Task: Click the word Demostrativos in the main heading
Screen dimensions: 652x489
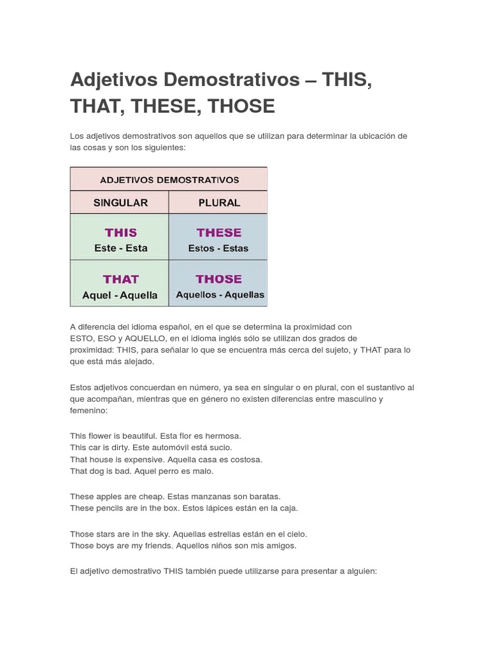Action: pos(231,80)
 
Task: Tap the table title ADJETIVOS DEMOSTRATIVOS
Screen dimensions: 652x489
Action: pos(169,180)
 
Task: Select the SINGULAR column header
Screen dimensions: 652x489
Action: pos(120,203)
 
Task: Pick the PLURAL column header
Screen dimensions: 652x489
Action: pos(218,203)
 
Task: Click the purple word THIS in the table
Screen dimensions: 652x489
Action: pos(120,233)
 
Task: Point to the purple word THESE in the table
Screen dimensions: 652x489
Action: pos(218,233)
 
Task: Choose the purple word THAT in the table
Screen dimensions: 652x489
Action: pos(120,280)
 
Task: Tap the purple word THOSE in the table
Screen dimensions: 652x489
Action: pos(218,280)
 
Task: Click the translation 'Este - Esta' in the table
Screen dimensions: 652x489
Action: pos(120,248)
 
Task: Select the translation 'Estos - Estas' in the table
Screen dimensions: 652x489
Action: pos(218,248)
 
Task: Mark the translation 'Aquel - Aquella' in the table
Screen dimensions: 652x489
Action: pos(120,295)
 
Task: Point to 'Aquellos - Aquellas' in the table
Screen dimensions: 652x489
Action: pos(220,295)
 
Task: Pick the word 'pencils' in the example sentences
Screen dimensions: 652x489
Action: pos(110,507)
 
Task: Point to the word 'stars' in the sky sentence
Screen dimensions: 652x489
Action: pos(106,534)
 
